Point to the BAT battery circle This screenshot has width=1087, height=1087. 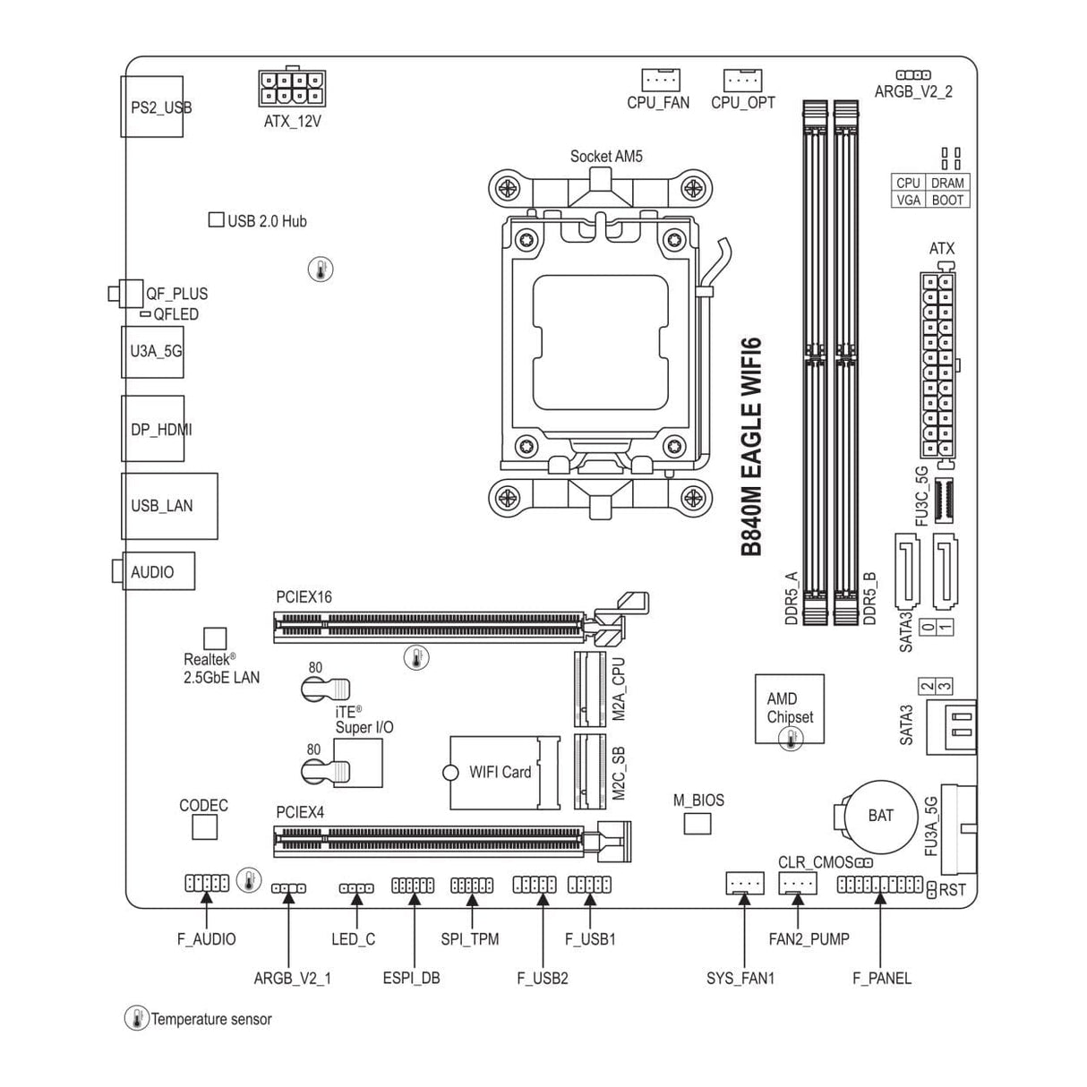(x=880, y=815)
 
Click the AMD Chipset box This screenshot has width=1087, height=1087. (x=789, y=709)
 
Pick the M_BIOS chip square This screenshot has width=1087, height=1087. (x=697, y=823)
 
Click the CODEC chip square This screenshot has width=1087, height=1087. (x=204, y=827)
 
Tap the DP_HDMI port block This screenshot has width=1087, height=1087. (x=153, y=429)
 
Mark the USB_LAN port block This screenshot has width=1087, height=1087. (x=169, y=506)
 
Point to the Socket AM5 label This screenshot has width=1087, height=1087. (x=606, y=157)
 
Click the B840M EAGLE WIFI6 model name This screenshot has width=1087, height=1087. (x=751, y=448)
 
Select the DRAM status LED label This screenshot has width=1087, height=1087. (x=947, y=183)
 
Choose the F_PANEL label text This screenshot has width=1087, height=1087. (x=881, y=978)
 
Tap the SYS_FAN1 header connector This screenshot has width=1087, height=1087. (x=743, y=884)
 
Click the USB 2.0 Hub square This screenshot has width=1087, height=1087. (x=217, y=219)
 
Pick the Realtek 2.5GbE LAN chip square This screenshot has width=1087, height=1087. (x=215, y=638)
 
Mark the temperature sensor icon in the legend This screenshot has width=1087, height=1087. (x=136, y=1018)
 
